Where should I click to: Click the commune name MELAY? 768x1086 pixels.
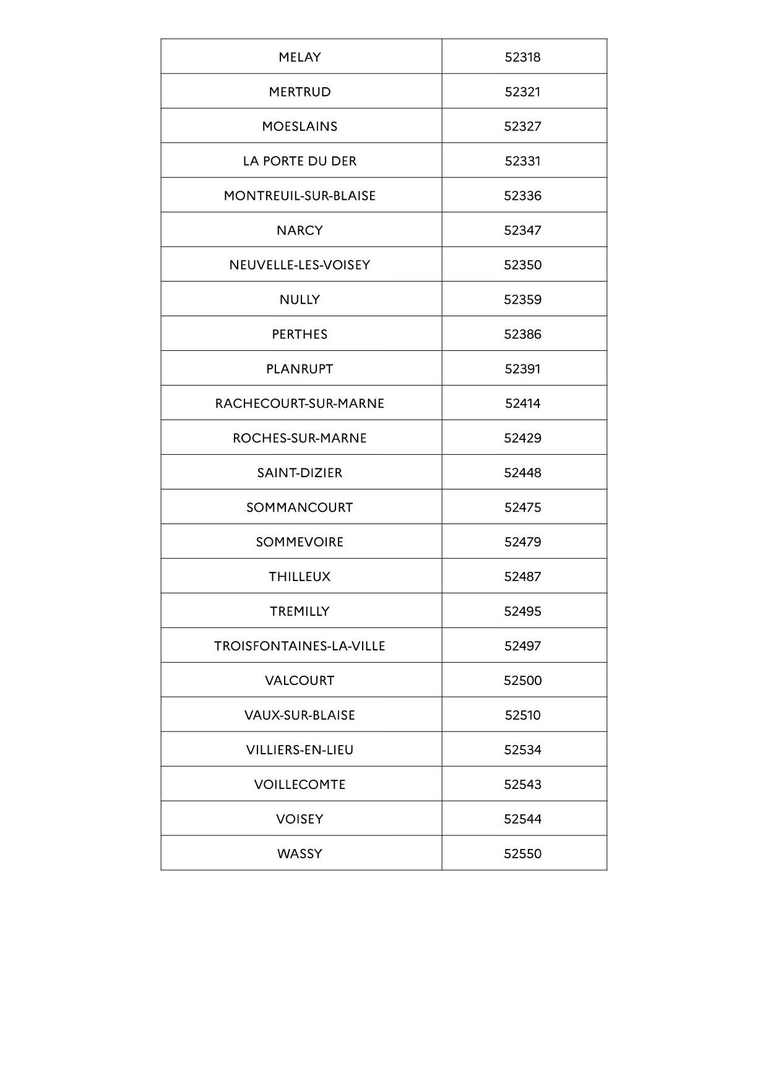300,57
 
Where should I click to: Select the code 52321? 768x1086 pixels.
522,92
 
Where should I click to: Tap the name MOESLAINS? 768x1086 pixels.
300,126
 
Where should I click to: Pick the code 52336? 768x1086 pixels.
522,196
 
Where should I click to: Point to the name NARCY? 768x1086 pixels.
300,230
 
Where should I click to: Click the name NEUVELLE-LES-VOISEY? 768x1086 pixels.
300,265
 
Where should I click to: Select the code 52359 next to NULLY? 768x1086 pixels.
522,300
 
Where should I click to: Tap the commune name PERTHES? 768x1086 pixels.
300,334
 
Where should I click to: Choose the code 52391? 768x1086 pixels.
522,369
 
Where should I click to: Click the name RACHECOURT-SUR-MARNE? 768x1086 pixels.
300,403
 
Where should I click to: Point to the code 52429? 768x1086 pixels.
522,438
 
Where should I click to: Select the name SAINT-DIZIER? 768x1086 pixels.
300,473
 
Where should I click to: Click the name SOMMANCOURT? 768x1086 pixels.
300,507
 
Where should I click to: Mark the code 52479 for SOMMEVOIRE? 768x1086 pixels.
522,542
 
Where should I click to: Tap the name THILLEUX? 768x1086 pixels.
300,577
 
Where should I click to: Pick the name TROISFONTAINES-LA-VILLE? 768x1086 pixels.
300,646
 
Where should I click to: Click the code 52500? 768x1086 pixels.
522,681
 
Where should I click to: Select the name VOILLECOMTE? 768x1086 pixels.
300,785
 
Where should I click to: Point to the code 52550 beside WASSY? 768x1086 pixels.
522,854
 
